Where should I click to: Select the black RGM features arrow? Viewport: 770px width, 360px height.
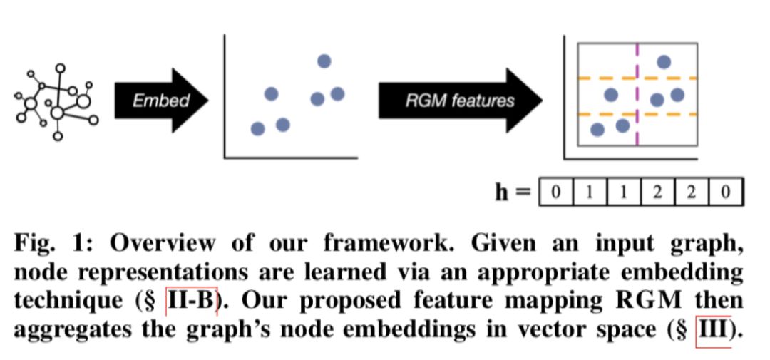click(456, 100)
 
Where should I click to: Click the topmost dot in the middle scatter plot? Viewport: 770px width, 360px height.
click(324, 61)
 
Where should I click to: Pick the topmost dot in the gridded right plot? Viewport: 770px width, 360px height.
click(664, 62)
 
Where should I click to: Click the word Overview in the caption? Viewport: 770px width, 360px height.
click(160, 242)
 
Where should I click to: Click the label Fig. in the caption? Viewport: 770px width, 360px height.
click(36, 242)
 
